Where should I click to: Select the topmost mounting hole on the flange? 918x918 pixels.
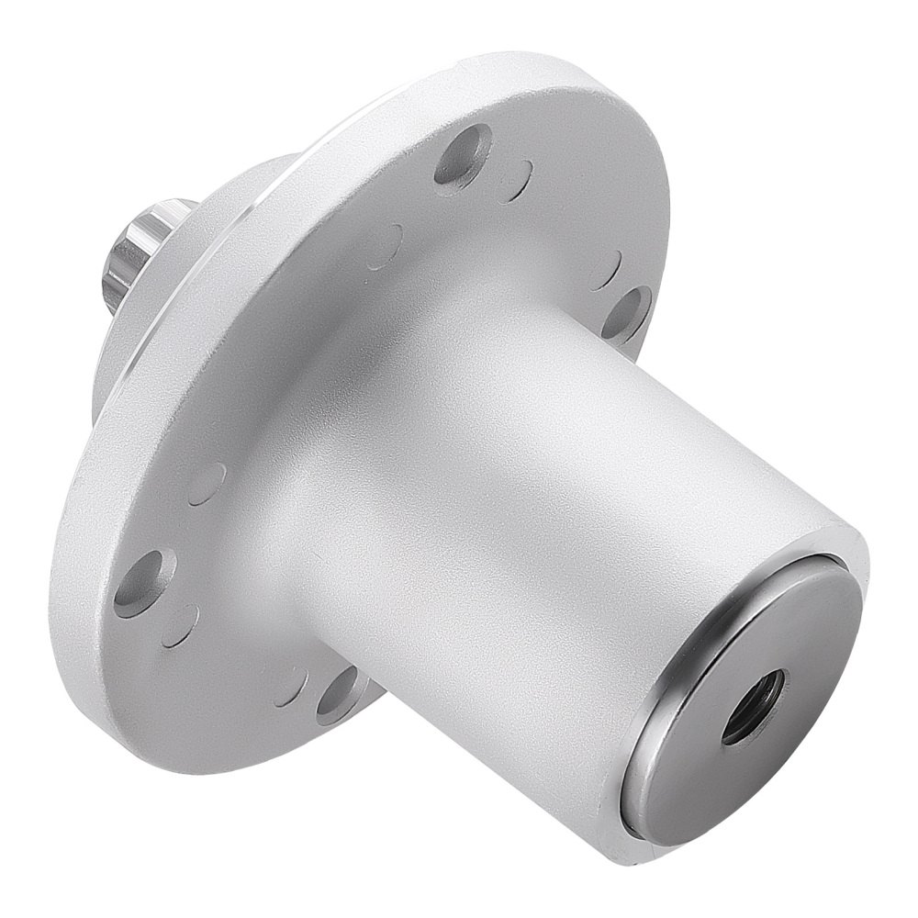tap(462, 153)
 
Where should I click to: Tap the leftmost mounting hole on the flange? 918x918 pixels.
tap(145, 581)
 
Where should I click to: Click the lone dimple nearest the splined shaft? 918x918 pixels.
tap(385, 246)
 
